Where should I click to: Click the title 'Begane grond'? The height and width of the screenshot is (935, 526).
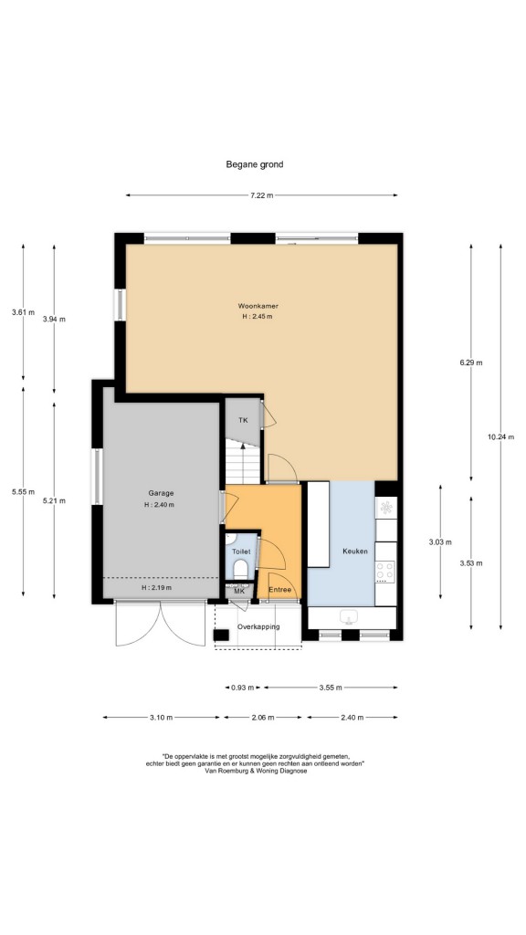(x=254, y=164)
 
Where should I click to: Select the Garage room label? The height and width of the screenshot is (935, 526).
(x=161, y=493)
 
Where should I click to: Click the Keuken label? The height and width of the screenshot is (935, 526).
(x=355, y=551)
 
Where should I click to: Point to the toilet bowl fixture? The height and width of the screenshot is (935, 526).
(x=241, y=570)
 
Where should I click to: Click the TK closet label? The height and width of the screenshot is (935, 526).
(x=243, y=420)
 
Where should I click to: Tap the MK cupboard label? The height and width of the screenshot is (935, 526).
(x=239, y=592)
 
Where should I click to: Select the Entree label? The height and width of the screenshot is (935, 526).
(x=279, y=591)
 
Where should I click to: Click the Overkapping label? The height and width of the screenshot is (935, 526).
(x=258, y=626)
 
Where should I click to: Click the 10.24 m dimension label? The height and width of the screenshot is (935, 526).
(x=500, y=437)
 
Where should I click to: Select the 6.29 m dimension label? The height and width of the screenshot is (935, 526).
(x=470, y=362)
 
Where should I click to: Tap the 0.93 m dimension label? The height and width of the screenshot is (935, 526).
(x=242, y=688)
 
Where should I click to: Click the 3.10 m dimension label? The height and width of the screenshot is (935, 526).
(x=161, y=718)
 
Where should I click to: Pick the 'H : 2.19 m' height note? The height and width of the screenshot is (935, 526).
(x=156, y=587)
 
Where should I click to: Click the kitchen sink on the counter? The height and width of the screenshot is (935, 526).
(x=348, y=617)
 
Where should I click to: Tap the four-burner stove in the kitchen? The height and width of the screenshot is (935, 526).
(x=385, y=572)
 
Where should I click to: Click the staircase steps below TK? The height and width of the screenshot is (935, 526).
(x=243, y=462)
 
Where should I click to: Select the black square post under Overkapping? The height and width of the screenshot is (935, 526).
(x=221, y=636)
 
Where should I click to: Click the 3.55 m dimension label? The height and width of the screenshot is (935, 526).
(x=331, y=688)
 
